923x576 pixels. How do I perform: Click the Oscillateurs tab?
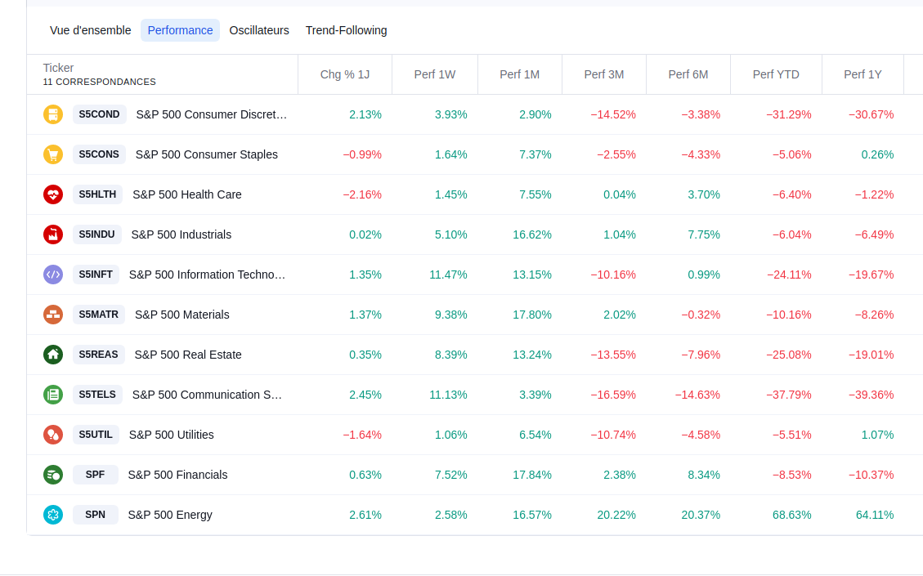point(259,30)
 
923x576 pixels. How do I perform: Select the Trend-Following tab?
point(346,30)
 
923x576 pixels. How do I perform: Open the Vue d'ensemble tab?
point(90,30)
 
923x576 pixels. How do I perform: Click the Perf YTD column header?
point(776,74)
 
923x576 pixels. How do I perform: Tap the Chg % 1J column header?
point(345,74)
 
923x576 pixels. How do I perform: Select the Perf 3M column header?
point(603,74)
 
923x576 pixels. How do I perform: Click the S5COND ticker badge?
point(99,114)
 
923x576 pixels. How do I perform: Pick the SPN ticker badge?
point(95,515)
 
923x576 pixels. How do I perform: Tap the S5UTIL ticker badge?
point(96,435)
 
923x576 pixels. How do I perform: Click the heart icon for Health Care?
point(53,194)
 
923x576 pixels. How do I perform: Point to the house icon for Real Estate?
point(53,355)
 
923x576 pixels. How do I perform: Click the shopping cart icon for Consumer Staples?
point(53,154)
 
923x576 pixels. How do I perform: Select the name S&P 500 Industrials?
point(181,234)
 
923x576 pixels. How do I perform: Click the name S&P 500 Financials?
point(177,475)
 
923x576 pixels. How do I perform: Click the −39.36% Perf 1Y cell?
point(871,395)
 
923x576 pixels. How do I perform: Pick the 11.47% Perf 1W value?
point(448,275)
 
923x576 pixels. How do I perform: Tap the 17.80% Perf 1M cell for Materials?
point(531,315)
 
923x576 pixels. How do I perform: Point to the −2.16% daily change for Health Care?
point(362,194)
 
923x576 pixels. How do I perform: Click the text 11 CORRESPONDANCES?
point(100,82)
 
